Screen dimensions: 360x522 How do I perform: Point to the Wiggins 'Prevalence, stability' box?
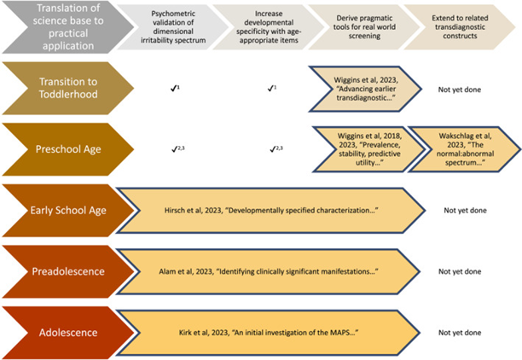[364, 148]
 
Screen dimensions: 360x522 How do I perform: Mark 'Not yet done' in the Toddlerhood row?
[461, 87]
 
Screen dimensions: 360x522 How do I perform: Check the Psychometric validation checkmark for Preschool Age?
[178, 148]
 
